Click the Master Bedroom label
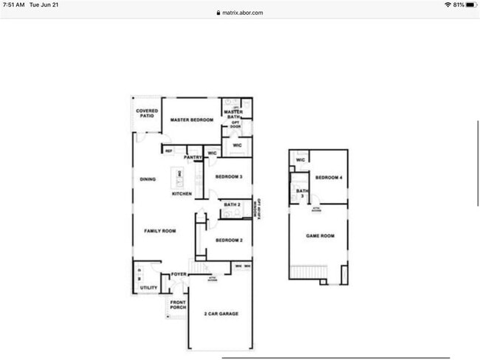[192, 120]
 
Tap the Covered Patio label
[147, 114]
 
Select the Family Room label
[160, 231]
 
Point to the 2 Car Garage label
[222, 314]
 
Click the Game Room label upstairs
[320, 236]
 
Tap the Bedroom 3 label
[229, 177]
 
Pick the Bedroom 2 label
[229, 240]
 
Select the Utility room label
[149, 288]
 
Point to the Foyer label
[179, 274]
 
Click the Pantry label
[193, 157]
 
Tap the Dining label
[148, 179]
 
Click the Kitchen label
[182, 194]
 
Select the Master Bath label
[233, 114]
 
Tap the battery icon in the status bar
[467, 4]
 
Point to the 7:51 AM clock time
[15, 4]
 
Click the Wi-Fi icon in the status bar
[447, 4]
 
